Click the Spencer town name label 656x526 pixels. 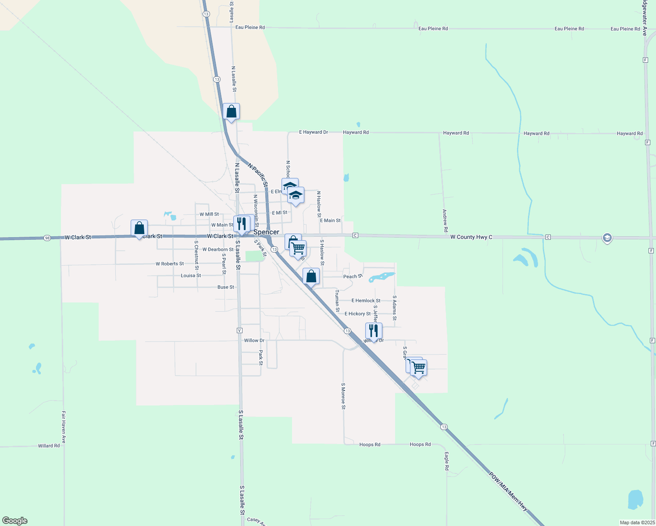pos(266,232)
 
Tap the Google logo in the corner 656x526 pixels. pos(15,521)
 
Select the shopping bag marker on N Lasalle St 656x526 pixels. pos(231,112)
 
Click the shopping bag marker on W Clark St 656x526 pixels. pos(139,228)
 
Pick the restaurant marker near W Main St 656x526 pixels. pos(242,224)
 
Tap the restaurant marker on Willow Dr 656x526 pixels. pos(374,331)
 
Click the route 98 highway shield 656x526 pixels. pos(47,238)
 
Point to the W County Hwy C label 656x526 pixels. pos(471,237)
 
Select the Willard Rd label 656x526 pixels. pos(49,446)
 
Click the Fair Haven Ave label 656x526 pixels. pos(64,427)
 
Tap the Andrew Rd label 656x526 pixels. pos(445,221)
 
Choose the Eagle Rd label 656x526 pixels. pos(446,462)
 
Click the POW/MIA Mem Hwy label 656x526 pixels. pos(508,491)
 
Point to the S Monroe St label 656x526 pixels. pos(343,396)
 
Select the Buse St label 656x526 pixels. pos(226,287)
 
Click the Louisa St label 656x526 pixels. pos(191,276)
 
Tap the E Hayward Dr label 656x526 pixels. pos(314,132)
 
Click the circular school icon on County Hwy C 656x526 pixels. pos(607,238)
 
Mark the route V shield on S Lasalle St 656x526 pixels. pos(239,330)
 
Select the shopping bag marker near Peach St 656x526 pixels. pos(311,277)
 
